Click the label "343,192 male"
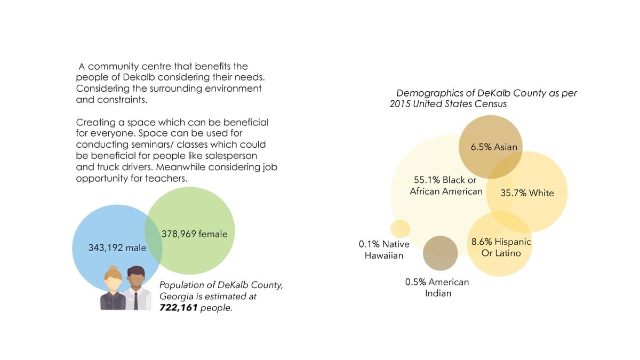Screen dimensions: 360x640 (117, 248)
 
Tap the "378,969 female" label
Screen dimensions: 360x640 (194, 234)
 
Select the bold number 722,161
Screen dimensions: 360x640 (178, 308)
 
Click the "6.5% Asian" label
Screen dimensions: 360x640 (494, 147)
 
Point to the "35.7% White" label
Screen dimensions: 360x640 (527, 193)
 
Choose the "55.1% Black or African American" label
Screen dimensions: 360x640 (446, 186)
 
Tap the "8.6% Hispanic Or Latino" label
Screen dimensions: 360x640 (501, 247)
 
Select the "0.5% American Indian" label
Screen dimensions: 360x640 (437, 287)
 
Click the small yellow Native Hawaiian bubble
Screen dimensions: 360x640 (400, 228)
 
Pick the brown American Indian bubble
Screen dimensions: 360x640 (440, 253)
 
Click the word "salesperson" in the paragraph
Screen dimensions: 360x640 (230, 156)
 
